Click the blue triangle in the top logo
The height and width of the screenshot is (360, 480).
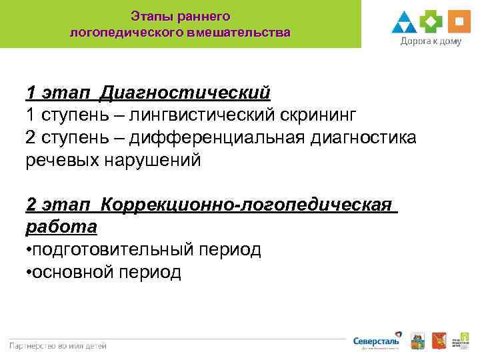pos(405,23)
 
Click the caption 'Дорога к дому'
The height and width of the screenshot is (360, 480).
pos(431,41)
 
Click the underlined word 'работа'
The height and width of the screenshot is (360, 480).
pos(61,227)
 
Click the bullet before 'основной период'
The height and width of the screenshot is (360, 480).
pos(28,273)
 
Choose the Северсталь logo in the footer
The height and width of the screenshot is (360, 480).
pos(377,341)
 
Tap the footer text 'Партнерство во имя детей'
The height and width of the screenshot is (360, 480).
pos(58,345)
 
